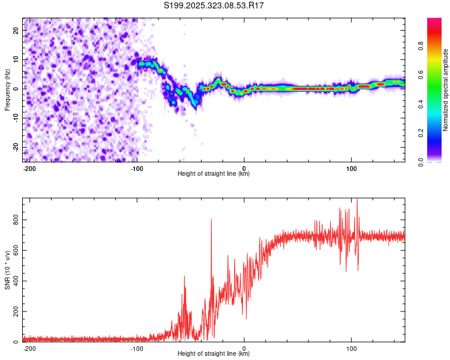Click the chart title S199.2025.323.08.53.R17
[214, 5]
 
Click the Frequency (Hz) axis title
[7, 89]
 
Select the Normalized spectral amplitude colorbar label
[446, 90]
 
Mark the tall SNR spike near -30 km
[211, 221]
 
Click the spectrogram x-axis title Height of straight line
[214, 174]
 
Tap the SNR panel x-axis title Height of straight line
[214, 354]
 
